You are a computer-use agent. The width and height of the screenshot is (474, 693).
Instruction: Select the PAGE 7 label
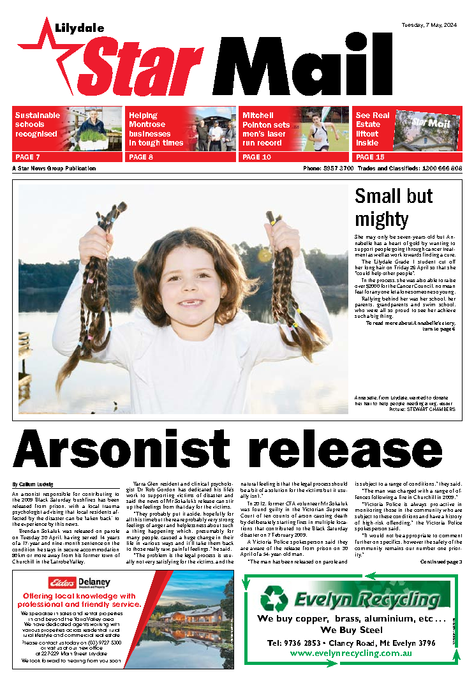pyautogui.click(x=27, y=157)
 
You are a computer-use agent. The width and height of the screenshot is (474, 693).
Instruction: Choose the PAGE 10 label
pyautogui.click(x=256, y=157)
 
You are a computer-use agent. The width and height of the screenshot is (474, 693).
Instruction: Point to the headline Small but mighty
pyautogui.click(x=393, y=207)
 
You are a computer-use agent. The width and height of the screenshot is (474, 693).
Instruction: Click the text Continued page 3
pyautogui.click(x=441, y=562)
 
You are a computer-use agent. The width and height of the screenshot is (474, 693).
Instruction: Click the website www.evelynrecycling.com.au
pyautogui.click(x=350, y=653)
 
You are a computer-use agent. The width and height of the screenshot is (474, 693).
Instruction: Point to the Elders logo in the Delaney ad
pyautogui.click(x=63, y=582)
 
